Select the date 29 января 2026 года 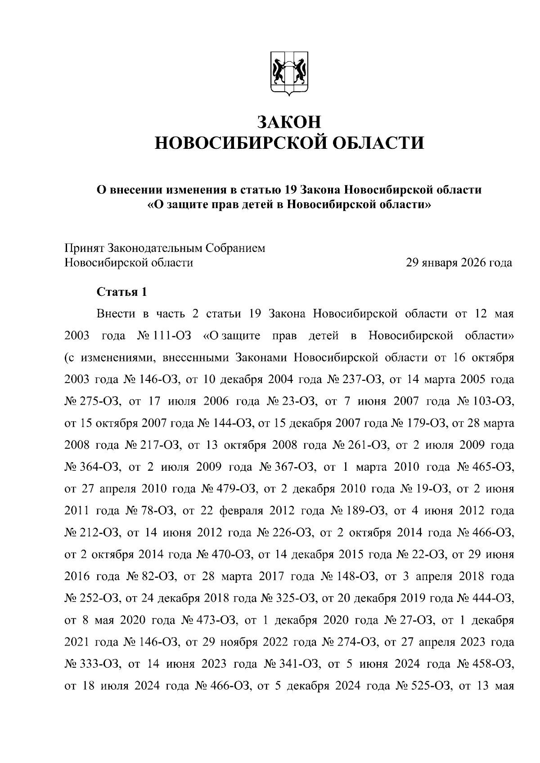click(459, 263)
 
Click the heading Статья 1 click(122, 292)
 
